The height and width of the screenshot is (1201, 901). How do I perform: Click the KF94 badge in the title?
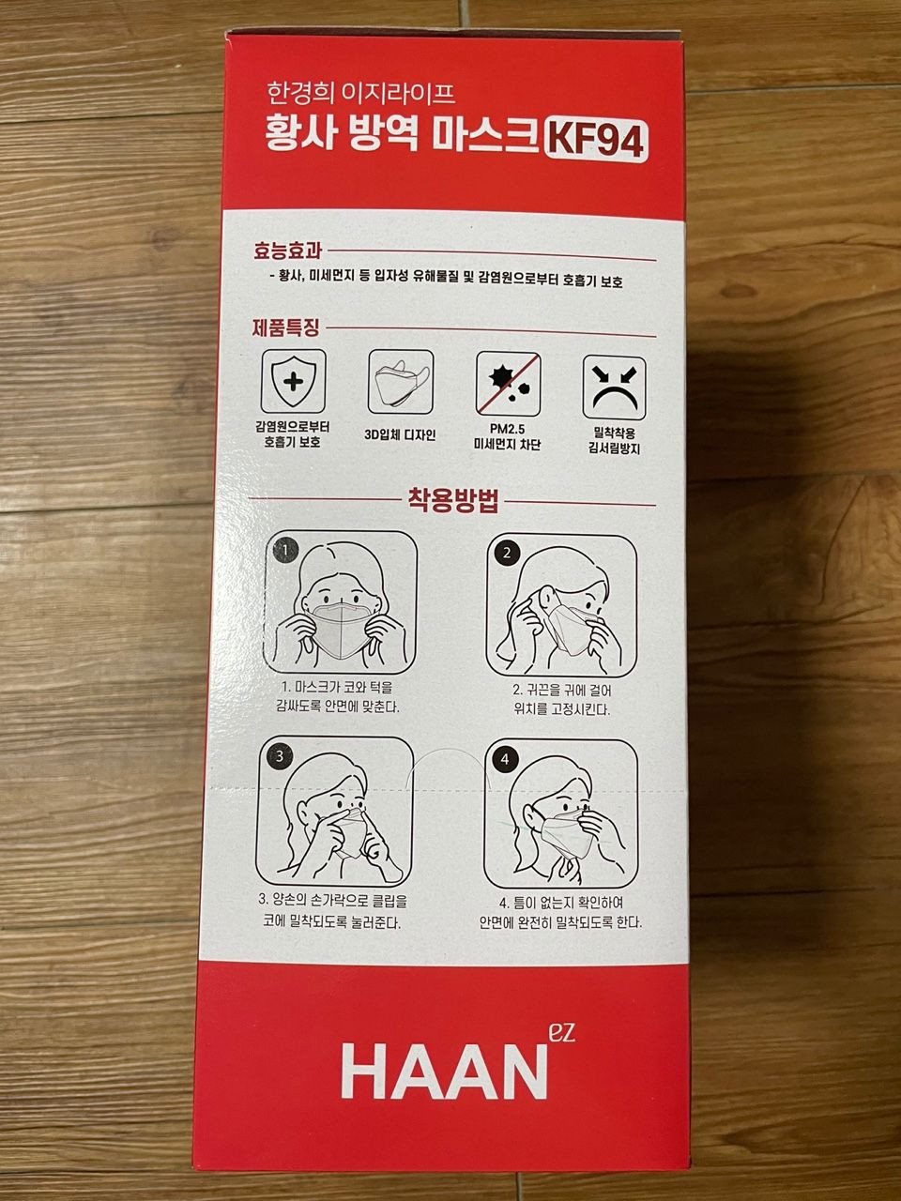tap(596, 141)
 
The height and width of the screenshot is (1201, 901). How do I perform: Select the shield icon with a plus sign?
tap(294, 382)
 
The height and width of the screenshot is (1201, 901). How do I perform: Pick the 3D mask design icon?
tap(401, 382)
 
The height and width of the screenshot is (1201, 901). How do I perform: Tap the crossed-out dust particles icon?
tap(508, 384)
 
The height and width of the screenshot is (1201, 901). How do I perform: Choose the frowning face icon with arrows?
tap(615, 388)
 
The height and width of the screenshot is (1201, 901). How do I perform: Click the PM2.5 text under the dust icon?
tap(507, 429)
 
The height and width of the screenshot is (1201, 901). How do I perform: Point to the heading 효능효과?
tap(287, 251)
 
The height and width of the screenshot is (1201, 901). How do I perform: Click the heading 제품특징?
tap(285, 328)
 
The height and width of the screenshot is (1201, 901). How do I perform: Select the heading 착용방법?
tap(453, 500)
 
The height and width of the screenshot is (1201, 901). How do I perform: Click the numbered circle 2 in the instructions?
tap(507, 553)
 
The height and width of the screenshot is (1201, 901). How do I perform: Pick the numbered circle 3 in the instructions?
tap(280, 756)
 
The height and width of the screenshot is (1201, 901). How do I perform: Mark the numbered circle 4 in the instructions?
tap(504, 759)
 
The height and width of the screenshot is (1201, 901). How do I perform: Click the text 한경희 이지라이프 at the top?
tap(361, 93)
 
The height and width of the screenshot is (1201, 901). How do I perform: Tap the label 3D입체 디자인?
tap(400, 435)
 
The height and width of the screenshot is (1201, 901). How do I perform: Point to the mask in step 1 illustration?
tap(341, 629)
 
